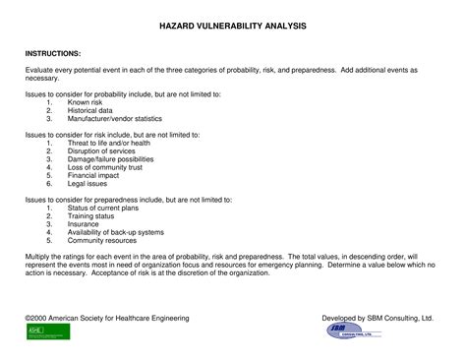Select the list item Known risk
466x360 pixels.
[x=87, y=102]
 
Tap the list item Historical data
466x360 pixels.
[x=91, y=110]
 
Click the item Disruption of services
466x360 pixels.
[x=103, y=150]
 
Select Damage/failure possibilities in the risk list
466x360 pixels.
[x=113, y=158]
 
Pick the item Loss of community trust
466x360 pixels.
[x=106, y=166]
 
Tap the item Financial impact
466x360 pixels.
[x=94, y=174]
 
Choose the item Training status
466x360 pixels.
[x=91, y=215]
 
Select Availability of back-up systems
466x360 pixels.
[x=116, y=231]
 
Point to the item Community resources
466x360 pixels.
[x=101, y=239]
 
